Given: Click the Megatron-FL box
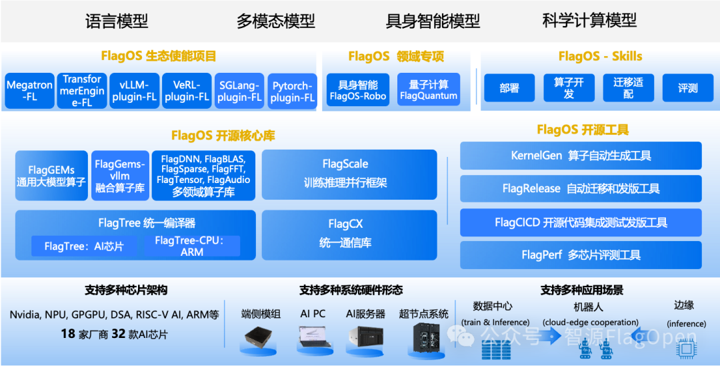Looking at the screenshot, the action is pyautogui.click(x=29, y=91).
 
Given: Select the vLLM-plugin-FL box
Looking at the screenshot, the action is pyautogui.click(x=135, y=91).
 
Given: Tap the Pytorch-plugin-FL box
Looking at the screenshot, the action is pyautogui.click(x=292, y=91).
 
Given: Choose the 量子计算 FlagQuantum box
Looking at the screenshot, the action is pyautogui.click(x=429, y=89).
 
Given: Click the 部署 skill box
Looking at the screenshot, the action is pyautogui.click(x=510, y=87).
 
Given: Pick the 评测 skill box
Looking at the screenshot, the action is pyautogui.click(x=688, y=87).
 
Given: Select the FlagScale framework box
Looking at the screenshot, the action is pyautogui.click(x=349, y=175).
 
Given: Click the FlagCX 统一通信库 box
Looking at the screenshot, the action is pyautogui.click(x=349, y=235).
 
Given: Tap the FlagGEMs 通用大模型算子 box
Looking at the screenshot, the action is pyautogui.click(x=51, y=176).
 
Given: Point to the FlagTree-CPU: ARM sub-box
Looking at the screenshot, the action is pyautogui.click(x=192, y=246).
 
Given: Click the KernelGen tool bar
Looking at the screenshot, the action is pyautogui.click(x=581, y=156).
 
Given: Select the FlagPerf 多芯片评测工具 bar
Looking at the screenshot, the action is pyautogui.click(x=581, y=254).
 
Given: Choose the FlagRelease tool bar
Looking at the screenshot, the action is pyautogui.click(x=581, y=188).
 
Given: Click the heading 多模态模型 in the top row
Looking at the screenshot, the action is pyautogui.click(x=276, y=21).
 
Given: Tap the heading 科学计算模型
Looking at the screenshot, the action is pyautogui.click(x=589, y=21).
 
